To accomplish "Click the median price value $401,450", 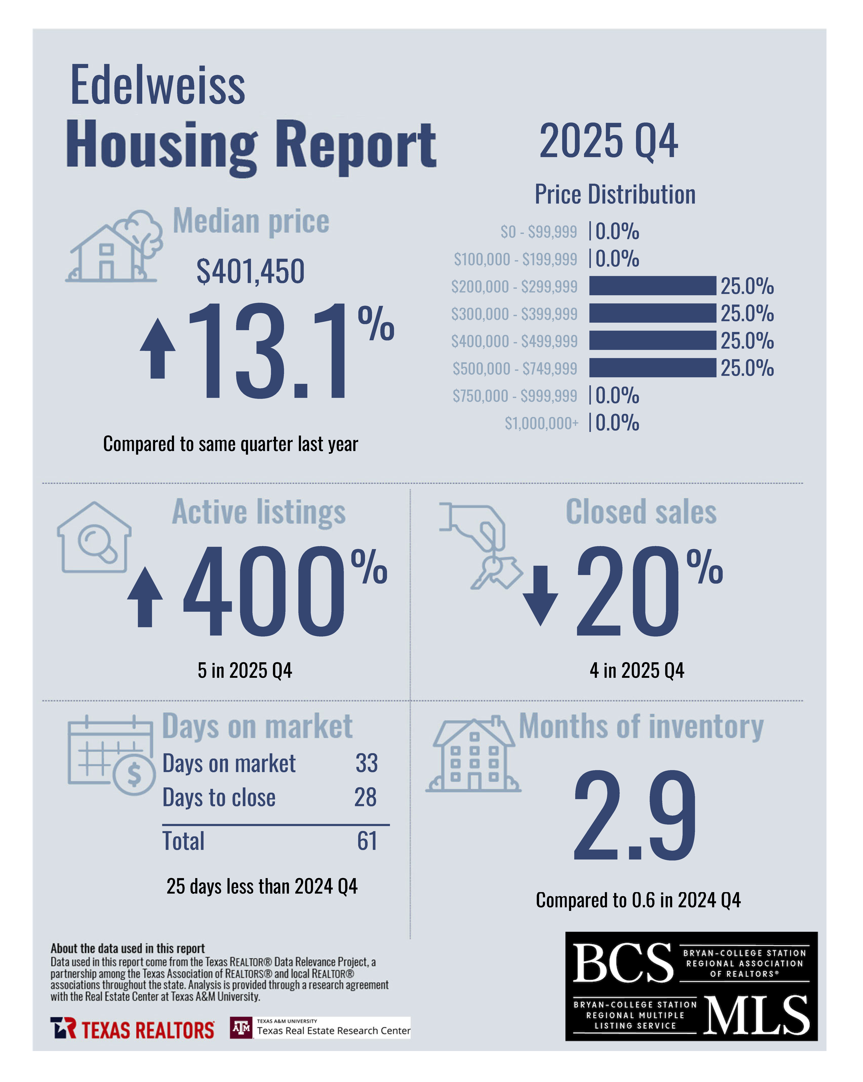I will tap(250, 271).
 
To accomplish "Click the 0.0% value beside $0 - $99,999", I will tap(617, 231).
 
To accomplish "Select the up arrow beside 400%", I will tap(145, 597).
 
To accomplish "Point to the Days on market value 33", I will tap(366, 763).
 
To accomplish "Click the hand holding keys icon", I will tap(480, 545).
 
